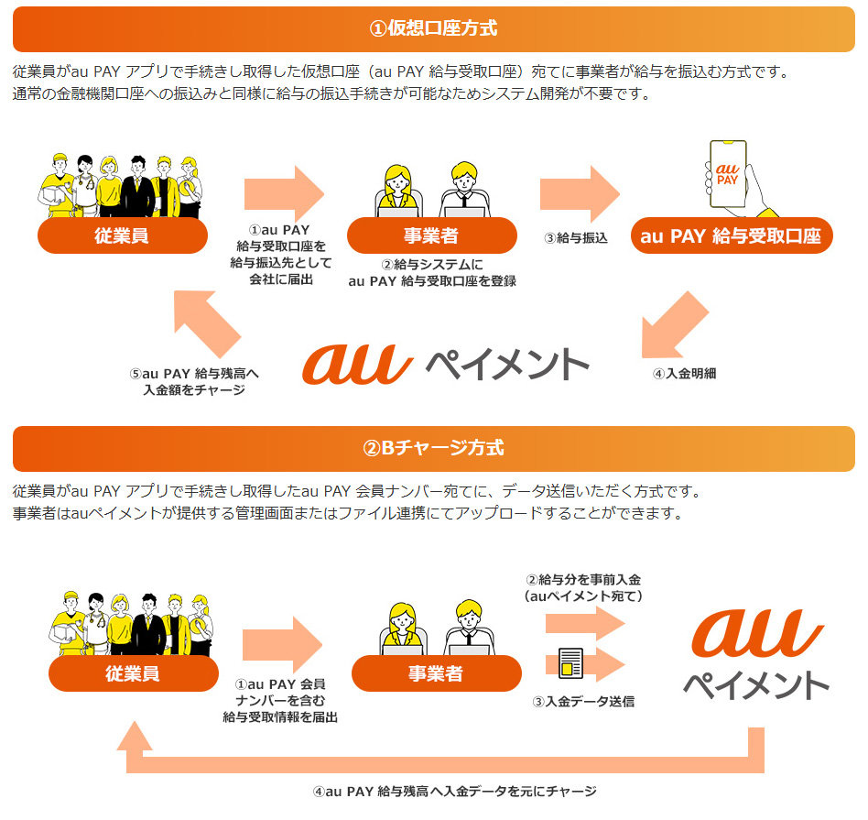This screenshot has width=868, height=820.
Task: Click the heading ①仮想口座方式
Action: pos(433,28)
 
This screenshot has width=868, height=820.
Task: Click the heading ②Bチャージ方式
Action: pos(433,448)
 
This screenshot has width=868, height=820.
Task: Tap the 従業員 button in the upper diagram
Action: pos(122,235)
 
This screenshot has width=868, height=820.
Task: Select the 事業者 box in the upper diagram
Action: pos(431,235)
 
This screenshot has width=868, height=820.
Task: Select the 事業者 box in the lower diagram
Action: pos(436,673)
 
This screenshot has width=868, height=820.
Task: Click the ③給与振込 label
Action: pos(576,238)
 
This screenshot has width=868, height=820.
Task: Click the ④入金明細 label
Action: pos(684,374)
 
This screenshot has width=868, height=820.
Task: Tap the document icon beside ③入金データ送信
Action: pos(570,663)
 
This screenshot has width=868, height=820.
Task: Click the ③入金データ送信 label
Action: pos(583,702)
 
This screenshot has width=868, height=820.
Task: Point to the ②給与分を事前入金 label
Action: pos(583,587)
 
